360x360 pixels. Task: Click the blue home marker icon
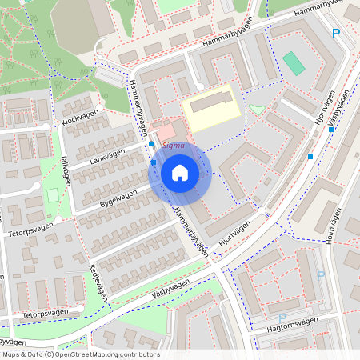pyautogui.click(x=180, y=173)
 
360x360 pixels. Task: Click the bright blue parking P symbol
pyautogui.click(x=336, y=33)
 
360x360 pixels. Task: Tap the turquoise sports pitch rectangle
pyautogui.click(x=294, y=63)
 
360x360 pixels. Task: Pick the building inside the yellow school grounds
pyautogui.click(x=211, y=102)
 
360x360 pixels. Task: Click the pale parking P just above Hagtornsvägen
pyautogui.click(x=282, y=306)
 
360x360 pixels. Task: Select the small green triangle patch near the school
pyautogui.click(x=256, y=109)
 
